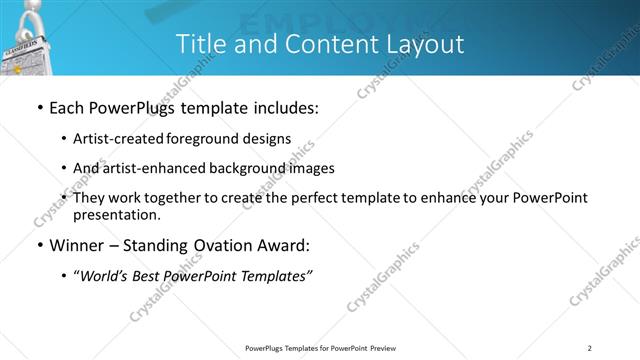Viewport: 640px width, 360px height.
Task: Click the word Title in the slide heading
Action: tap(200, 44)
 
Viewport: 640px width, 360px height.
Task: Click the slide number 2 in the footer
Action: tap(590, 347)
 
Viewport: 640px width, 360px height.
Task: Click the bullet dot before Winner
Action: tap(38, 245)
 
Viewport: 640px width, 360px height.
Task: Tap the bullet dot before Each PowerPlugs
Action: tap(38, 107)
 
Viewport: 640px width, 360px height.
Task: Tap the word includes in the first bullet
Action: tap(282, 107)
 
